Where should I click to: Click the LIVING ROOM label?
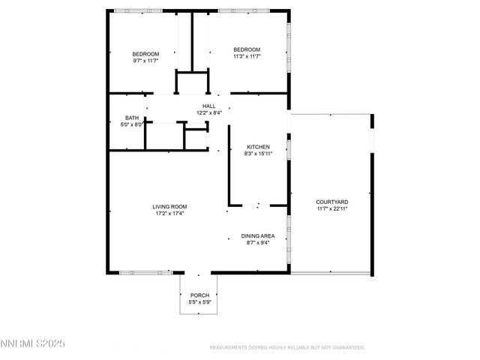169,206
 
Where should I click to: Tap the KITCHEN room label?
258,147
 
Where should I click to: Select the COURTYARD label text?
331,202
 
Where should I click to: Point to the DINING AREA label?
257,236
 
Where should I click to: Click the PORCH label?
199,295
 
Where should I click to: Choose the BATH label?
132,118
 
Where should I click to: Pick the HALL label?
209,106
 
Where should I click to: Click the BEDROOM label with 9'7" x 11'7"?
145,53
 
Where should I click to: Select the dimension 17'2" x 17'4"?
169,213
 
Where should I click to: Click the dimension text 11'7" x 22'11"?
331,208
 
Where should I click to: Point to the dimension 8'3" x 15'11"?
258,154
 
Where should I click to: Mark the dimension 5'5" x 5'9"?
199,302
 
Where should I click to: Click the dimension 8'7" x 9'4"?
257,243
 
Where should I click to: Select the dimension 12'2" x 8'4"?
209,112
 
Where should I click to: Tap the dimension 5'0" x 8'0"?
132,124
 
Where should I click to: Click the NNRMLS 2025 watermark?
33,343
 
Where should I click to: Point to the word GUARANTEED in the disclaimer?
347,347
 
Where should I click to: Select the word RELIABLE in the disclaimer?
300,347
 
